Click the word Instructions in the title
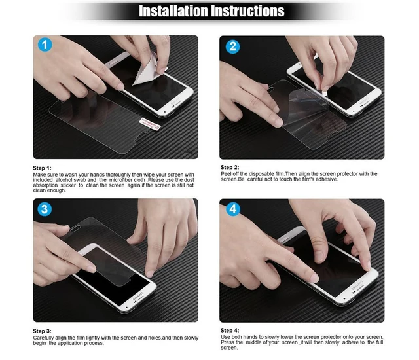point(247,11)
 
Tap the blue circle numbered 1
point(44,46)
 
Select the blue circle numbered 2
point(234,46)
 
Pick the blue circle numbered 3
point(44,209)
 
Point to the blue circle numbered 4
point(234,209)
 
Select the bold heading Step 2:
point(230,168)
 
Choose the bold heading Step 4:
point(230,331)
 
